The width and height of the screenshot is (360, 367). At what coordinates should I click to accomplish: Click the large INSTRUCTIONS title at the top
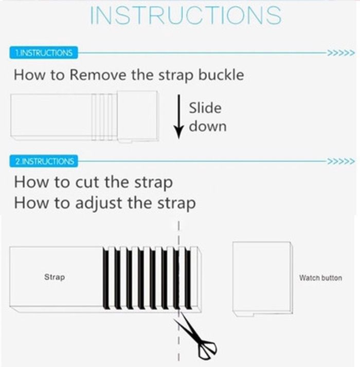point(186,15)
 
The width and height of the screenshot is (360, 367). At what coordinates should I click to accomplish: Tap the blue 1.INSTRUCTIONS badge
point(44,52)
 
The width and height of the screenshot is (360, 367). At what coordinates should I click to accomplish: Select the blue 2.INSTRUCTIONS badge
point(44,161)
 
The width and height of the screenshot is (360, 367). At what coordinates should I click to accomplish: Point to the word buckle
point(221,75)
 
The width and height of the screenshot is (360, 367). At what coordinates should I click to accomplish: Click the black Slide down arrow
point(178,117)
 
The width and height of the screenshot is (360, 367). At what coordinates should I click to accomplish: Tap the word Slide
point(205,108)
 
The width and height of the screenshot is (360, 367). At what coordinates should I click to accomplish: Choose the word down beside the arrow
point(208,126)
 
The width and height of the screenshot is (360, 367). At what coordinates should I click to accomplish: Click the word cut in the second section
point(89,182)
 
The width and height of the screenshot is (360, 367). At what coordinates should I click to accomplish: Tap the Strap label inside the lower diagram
point(55,277)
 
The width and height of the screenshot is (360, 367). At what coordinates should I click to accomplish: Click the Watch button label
point(320,278)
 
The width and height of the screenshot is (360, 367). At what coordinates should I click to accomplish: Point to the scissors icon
point(195,336)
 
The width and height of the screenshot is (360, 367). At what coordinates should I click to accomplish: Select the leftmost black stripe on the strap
point(106,279)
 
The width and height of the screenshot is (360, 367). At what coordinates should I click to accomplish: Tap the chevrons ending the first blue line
point(341,53)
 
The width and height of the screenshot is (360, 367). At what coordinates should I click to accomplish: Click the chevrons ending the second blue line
point(341,161)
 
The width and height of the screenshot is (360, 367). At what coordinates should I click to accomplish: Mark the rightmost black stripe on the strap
point(188,279)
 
